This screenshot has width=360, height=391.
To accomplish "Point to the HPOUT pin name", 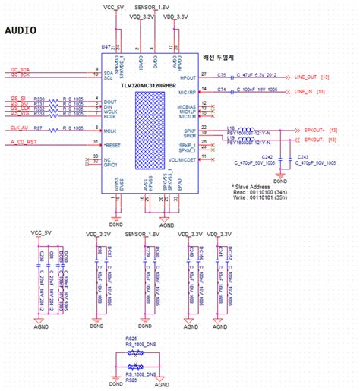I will pyautogui.click(x=188, y=77).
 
